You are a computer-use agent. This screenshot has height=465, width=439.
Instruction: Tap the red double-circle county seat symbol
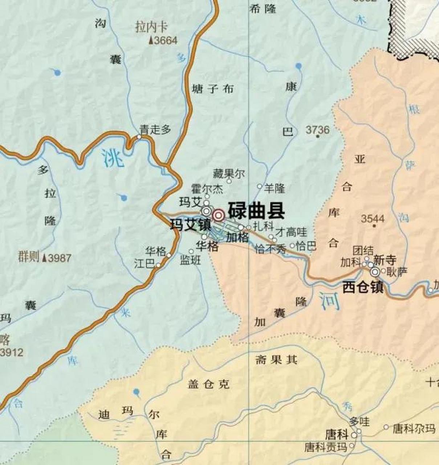pyautogui.click(x=218, y=215)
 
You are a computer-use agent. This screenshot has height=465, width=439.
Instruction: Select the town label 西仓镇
pyautogui.click(x=363, y=288)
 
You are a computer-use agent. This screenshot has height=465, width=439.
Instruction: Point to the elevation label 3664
pyautogui.click(x=166, y=40)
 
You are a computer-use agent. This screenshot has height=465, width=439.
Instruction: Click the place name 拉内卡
pyautogui.click(x=151, y=27)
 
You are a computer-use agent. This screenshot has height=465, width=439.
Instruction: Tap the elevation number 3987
pyautogui.click(x=60, y=258)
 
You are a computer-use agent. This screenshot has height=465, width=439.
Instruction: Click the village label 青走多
pyautogui.click(x=155, y=130)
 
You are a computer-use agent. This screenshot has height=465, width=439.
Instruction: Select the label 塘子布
pyautogui.click(x=212, y=89)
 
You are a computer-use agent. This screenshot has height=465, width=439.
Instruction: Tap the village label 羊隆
pyautogui.click(x=275, y=188)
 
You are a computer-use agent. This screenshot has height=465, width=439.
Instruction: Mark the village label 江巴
pyautogui.click(x=145, y=264)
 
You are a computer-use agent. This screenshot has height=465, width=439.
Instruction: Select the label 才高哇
pyautogui.click(x=291, y=231)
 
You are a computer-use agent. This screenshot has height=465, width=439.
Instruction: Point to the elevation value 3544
pyautogui.click(x=373, y=219)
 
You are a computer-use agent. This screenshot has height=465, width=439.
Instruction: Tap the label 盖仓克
pyautogui.click(x=209, y=384)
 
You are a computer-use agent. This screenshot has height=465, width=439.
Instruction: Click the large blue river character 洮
pyautogui.click(x=113, y=159)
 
